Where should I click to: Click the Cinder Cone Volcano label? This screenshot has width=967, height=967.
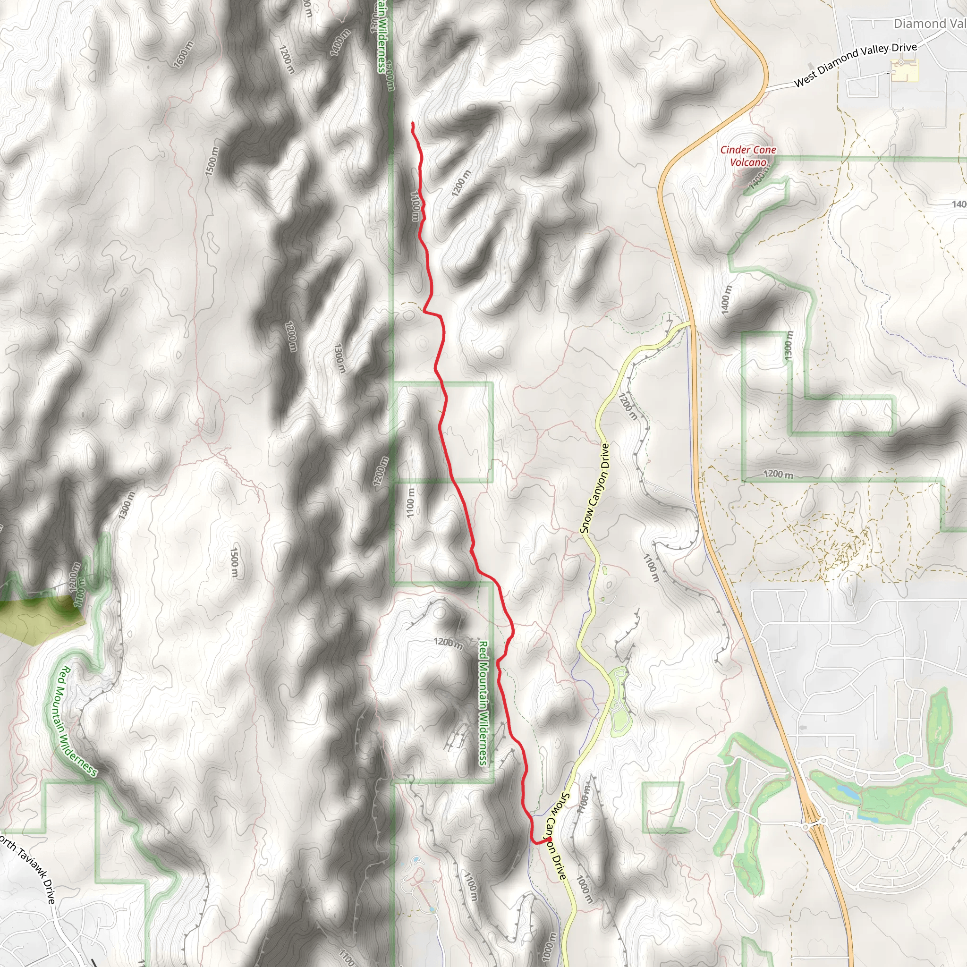click(x=748, y=156)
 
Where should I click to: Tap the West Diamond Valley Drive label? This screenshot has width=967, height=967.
click(x=856, y=65)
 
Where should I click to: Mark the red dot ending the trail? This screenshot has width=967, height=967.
click(x=549, y=839)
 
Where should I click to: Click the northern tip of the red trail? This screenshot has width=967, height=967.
click(x=412, y=123)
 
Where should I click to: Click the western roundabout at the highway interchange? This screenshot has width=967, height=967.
click(x=806, y=827)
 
